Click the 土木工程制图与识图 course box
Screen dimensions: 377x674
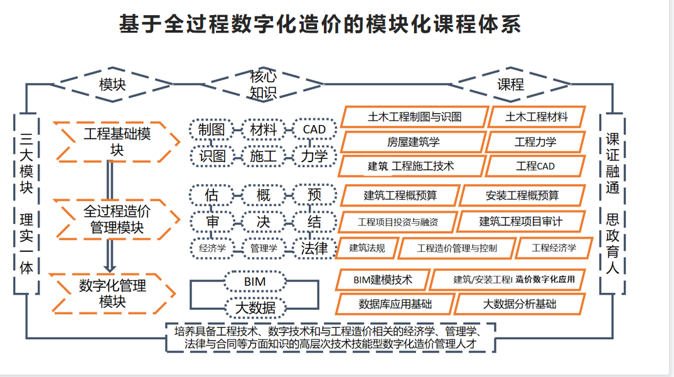pos(415,117)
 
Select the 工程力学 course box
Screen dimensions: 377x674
pos(535,142)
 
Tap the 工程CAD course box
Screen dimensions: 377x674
pos(535,167)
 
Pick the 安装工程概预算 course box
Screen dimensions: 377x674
pos(522,195)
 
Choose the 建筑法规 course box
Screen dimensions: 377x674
pos(367,248)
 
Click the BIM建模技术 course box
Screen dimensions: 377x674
pos(383,279)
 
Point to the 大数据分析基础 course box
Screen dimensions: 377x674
pos(519,304)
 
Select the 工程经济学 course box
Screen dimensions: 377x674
pos(554,248)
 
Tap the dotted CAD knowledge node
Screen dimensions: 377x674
pos(314,129)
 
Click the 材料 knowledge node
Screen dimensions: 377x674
pos(264,129)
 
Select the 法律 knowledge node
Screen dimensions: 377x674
pos(314,248)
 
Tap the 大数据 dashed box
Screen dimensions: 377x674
pos(254,307)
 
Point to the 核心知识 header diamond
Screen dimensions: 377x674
pos(264,85)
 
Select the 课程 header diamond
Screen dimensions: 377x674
pos(510,84)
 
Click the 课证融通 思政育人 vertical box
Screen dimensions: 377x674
pos(612,203)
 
